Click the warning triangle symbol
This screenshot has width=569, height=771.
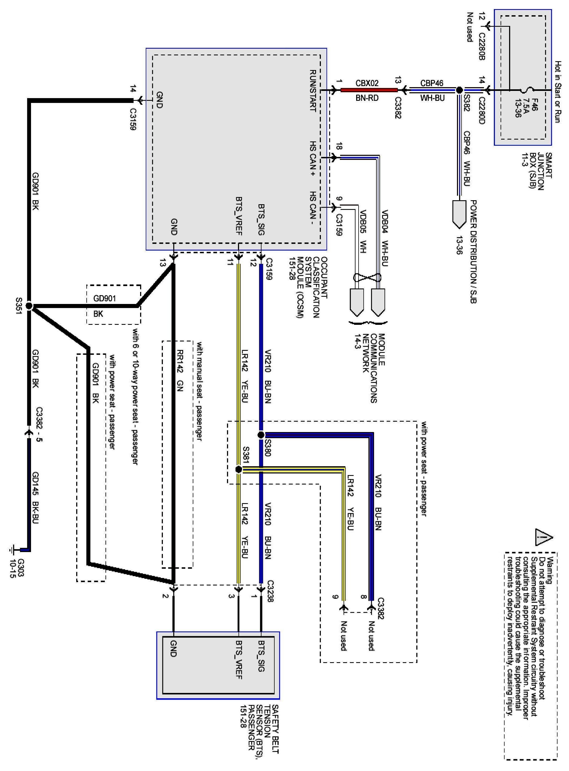pyautogui.click(x=544, y=537)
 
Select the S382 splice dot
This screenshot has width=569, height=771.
pyautogui.click(x=459, y=90)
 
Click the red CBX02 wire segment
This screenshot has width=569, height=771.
pyautogui.click(x=368, y=90)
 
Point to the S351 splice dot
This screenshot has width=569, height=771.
pyautogui.click(x=29, y=306)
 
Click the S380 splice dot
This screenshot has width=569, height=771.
pyautogui.click(x=261, y=435)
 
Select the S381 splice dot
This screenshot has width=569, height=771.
pyautogui.click(x=238, y=469)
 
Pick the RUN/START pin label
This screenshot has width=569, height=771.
pyautogui.click(x=313, y=91)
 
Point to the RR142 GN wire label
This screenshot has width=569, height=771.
pyautogui.click(x=179, y=371)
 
